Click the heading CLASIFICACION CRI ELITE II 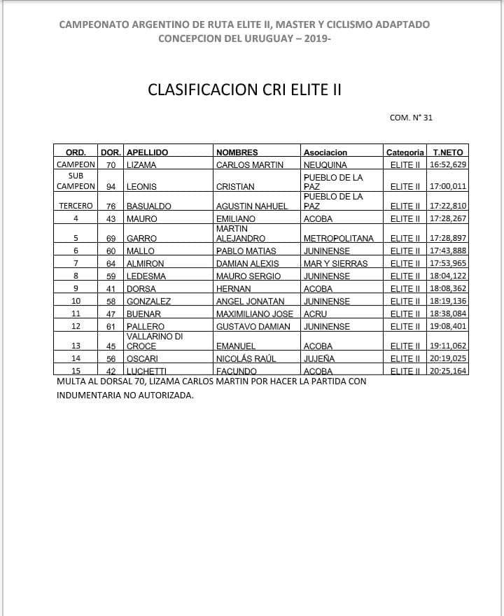coord(244,90)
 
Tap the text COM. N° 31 coord(411,118)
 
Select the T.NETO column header coord(448,152)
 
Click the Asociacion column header coord(325,152)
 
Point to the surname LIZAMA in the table coord(141,165)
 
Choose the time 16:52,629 coord(448,165)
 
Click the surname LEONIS coord(141,187)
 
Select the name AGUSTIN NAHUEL coord(251,206)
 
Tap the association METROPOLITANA coord(339,238)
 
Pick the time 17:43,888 coord(448,251)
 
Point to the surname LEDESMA coord(145,276)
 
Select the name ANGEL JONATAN coord(250,301)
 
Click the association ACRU coord(314,314)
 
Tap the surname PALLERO coord(145,326)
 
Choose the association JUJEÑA coord(319,358)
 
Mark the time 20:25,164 coord(448,370)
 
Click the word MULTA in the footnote coord(71,381)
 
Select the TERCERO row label coord(76,206)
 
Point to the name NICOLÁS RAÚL coord(246,358)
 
